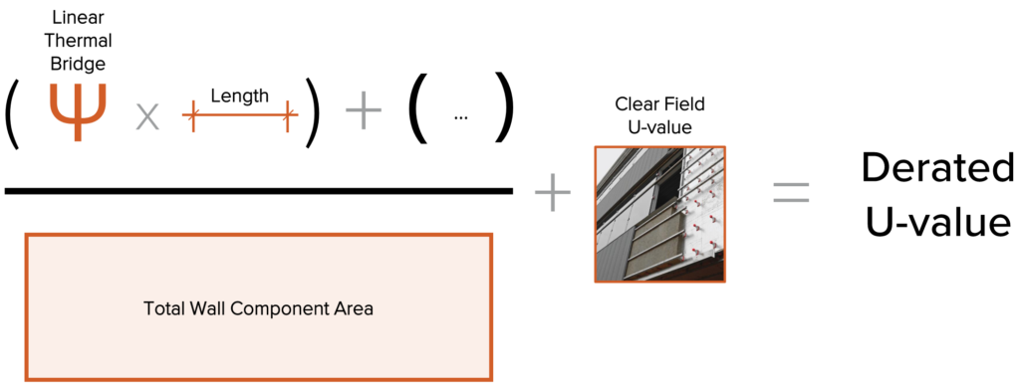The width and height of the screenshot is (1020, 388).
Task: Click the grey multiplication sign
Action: [x=147, y=117]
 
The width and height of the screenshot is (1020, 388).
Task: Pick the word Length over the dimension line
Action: [x=239, y=96]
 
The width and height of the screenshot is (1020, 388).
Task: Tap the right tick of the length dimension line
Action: [x=290, y=116]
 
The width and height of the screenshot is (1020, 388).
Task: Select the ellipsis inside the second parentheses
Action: [x=460, y=116]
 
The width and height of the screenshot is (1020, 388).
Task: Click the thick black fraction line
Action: [x=258, y=190]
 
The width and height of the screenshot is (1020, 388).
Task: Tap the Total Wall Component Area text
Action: [x=258, y=308]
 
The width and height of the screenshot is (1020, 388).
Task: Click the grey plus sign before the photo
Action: [x=553, y=191]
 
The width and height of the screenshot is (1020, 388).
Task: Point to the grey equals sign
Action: [x=792, y=191]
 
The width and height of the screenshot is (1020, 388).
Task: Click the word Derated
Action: [x=937, y=168]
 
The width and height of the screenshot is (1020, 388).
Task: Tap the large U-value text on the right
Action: [x=937, y=221]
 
